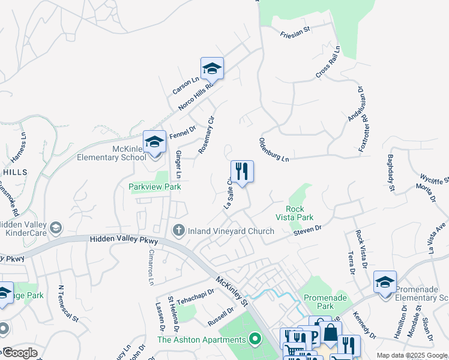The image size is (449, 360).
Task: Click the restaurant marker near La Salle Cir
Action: tap(242, 172)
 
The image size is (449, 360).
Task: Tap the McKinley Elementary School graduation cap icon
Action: tap(154, 142)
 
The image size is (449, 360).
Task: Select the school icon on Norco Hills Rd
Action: tap(212, 69)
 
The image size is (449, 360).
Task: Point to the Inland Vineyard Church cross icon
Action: tap(178, 230)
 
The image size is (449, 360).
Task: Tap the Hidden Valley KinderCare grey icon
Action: tap(56, 227)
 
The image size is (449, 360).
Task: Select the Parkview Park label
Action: tap(155, 187)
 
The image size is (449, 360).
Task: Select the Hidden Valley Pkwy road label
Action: tap(124, 240)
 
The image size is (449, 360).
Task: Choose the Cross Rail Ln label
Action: tap(328, 61)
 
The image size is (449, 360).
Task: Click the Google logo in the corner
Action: tap(20, 352)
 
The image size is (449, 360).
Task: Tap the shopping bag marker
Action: tap(330, 332)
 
